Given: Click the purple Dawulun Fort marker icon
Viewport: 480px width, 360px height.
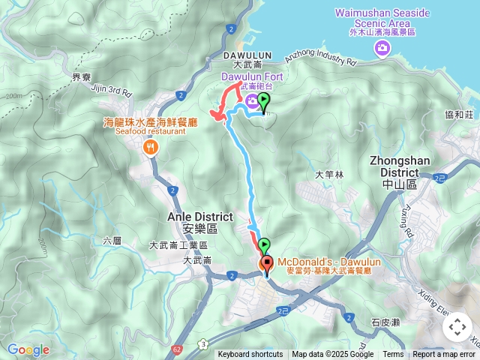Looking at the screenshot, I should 250,101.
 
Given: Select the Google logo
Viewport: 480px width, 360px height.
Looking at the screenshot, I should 28,349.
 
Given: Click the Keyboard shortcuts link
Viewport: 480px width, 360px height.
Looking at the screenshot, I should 250,355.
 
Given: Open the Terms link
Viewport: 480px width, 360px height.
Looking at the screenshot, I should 393,355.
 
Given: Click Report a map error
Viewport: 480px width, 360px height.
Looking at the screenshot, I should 444,355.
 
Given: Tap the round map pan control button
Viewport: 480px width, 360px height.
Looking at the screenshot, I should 457,327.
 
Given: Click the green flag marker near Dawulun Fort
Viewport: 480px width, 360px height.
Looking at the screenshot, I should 265,103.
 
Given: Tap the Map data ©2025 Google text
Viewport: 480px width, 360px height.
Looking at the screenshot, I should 332,355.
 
